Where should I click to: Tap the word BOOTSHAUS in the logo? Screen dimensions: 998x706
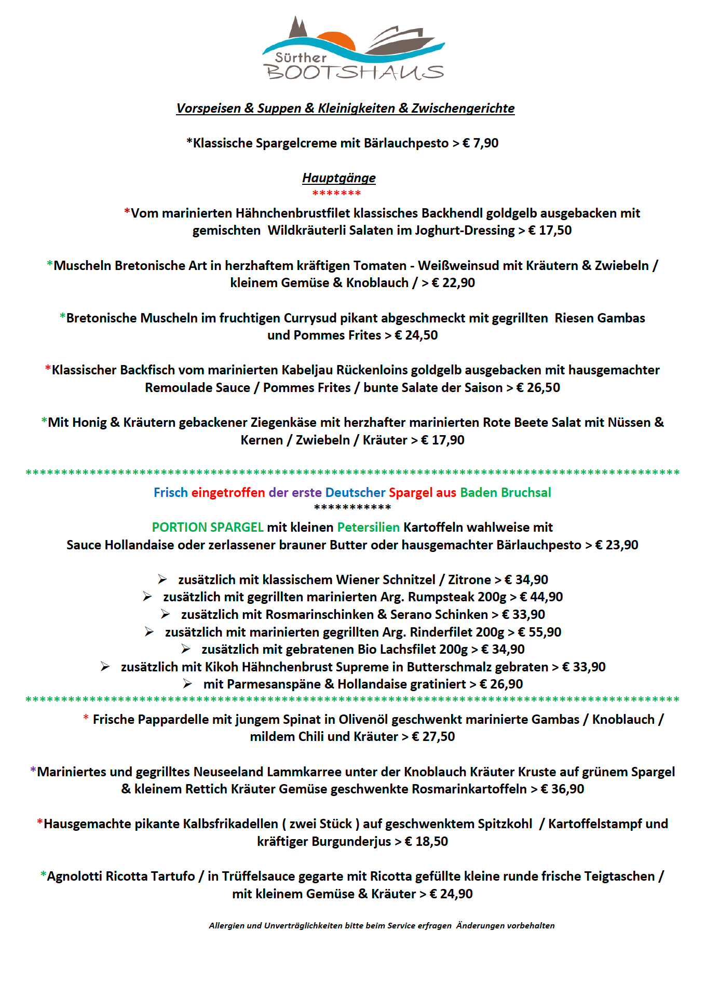(355, 72)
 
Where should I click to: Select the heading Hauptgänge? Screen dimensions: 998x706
(339, 178)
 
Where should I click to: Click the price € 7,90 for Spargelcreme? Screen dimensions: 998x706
(480, 143)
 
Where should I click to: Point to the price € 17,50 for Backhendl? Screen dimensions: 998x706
(550, 231)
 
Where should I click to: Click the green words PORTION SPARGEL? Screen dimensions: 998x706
(208, 528)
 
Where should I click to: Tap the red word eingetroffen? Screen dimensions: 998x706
(228, 493)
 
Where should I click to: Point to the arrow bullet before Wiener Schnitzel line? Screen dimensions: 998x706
(162, 579)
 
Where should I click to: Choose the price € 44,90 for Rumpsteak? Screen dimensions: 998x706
(541, 597)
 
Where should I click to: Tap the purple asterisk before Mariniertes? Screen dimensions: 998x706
(33, 771)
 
